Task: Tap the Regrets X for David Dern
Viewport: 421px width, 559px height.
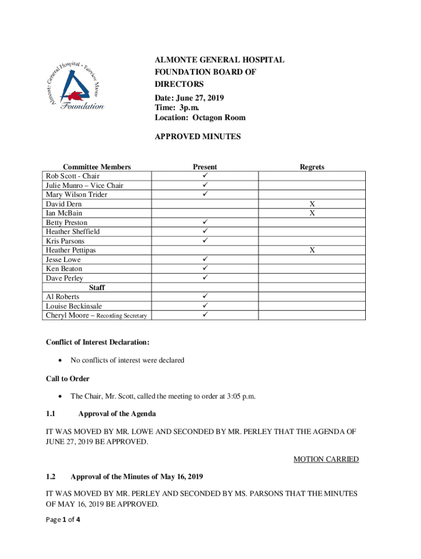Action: coord(312,204)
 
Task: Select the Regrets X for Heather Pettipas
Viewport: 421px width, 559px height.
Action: coord(312,250)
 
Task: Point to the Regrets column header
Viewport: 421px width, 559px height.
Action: coord(312,167)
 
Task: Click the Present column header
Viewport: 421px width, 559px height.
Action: coord(204,167)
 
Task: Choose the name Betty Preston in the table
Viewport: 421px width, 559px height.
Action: coord(66,223)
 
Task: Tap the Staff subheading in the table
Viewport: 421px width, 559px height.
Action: coord(96,287)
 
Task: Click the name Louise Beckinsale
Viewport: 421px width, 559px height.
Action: coord(74,306)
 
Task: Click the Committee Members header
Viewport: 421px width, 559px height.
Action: coord(97,167)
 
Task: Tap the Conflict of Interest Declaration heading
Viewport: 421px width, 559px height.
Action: coord(98,342)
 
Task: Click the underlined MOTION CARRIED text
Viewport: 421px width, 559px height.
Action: coord(326,459)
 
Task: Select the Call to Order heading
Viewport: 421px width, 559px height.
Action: coord(67,378)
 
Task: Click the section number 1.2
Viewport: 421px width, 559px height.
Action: coord(51,477)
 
